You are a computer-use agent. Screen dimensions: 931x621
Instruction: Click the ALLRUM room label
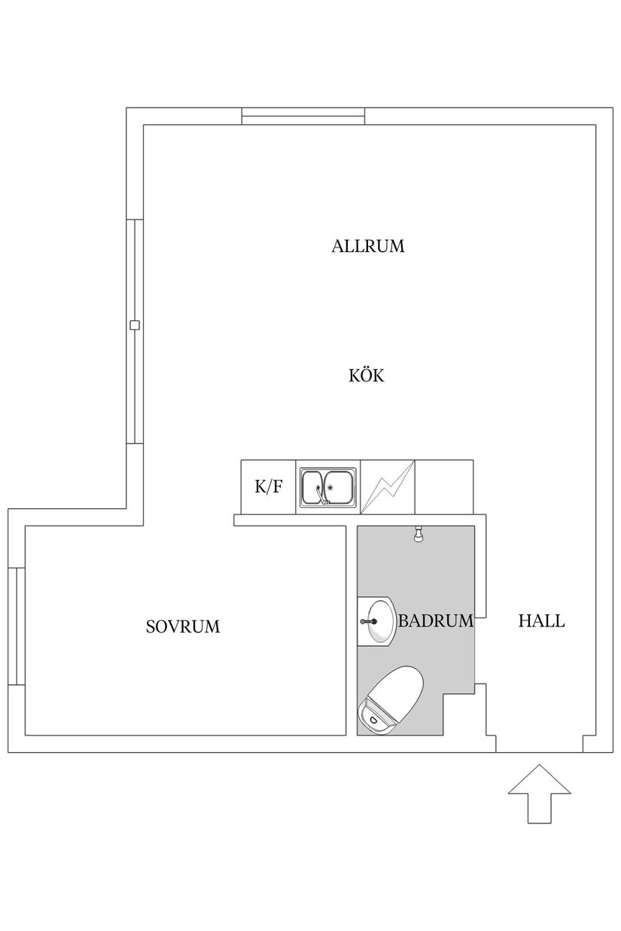click(x=368, y=246)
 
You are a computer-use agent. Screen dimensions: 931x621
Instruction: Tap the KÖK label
click(x=367, y=375)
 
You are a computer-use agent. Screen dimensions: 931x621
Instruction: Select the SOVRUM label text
click(x=183, y=626)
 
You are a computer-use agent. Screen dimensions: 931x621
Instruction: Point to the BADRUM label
click(x=436, y=621)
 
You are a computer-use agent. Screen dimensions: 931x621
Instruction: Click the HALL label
click(x=541, y=621)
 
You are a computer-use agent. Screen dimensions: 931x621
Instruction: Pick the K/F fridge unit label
click(x=269, y=487)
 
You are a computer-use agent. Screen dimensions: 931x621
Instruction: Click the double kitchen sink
click(x=328, y=487)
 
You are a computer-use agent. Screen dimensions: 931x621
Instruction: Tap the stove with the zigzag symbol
click(x=388, y=487)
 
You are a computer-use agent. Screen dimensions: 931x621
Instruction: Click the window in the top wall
click(x=303, y=117)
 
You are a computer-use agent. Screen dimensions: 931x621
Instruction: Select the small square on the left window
click(x=135, y=325)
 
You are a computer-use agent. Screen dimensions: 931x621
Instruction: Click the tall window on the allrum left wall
click(x=135, y=331)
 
